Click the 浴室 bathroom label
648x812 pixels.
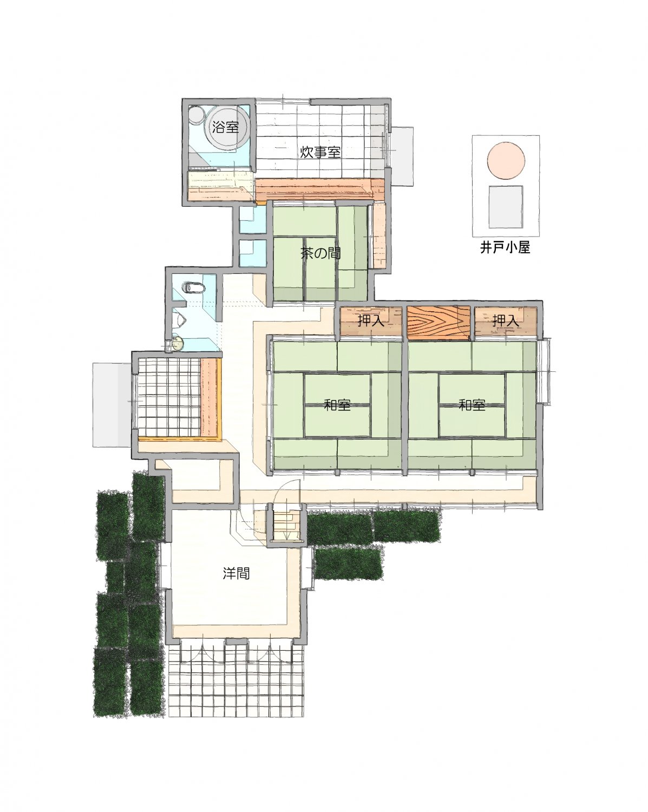[225, 127]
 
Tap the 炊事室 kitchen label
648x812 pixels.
[320, 152]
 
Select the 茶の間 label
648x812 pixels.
[320, 253]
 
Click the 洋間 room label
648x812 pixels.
[236, 573]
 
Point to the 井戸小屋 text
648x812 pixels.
[505, 247]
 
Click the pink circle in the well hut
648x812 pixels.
[506, 161]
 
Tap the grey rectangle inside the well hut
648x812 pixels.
[506, 207]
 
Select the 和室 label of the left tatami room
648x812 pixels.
[337, 405]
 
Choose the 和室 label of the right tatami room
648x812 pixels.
[472, 405]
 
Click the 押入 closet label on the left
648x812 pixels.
[371, 321]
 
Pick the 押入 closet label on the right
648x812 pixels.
[505, 321]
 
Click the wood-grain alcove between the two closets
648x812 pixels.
[438, 322]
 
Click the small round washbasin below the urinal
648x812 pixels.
[177, 343]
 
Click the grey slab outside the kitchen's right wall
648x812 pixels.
[402, 156]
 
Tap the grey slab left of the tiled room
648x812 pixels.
[113, 405]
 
